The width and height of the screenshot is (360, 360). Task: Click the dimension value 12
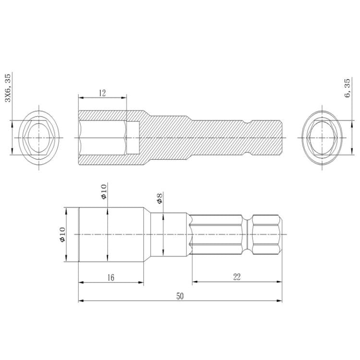pos(102,93)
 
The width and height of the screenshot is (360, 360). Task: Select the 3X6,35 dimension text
pos(8,88)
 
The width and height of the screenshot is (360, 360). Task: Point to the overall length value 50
pos(180,296)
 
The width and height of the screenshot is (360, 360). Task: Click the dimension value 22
pos(236,276)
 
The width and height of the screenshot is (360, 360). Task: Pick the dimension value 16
pos(110,277)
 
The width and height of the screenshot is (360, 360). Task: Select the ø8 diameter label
pos(159,198)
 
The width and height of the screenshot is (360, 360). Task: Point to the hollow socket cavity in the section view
pos(102,138)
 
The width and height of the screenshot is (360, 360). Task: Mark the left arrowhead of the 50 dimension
pos(81,301)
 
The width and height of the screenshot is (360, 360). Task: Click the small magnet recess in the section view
pos(133,138)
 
